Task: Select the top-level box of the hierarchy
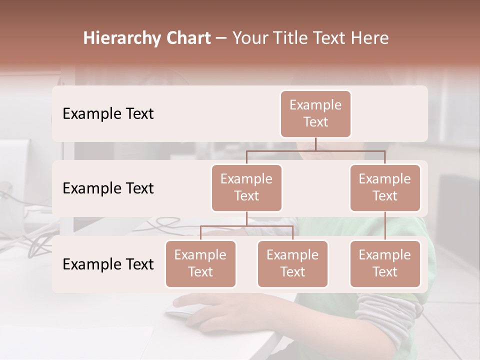[315, 113]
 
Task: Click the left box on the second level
[246, 187]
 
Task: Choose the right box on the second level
[385, 187]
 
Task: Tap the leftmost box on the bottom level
[200, 263]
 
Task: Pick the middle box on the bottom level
[292, 263]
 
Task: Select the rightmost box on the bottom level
[385, 263]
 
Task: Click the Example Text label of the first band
[108, 114]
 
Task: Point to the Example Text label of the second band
[108, 188]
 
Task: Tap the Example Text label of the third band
[108, 264]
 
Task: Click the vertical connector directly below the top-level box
[315, 144]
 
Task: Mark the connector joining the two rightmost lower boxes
[385, 226]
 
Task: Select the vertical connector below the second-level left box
[246, 218]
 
